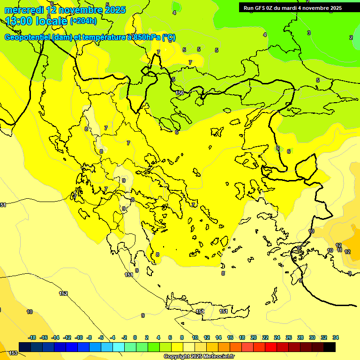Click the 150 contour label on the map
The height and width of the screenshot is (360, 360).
(x=180, y=93)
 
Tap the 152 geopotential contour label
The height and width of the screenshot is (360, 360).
(x=63, y=293)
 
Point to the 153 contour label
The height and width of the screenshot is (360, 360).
(x=13, y=353)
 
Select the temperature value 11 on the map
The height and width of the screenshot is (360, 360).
(x=339, y=250)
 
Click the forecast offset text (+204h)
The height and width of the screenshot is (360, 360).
(x=83, y=21)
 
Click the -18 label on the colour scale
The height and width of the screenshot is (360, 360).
(x=32, y=337)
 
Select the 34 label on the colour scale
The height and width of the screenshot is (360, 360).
(x=336, y=337)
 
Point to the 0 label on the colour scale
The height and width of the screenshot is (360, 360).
(x=135, y=337)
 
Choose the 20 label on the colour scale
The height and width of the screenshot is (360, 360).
(x=254, y=337)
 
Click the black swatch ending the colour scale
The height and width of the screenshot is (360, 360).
(x=330, y=347)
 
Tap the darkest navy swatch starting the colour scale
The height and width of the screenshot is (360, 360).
(x=25, y=347)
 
